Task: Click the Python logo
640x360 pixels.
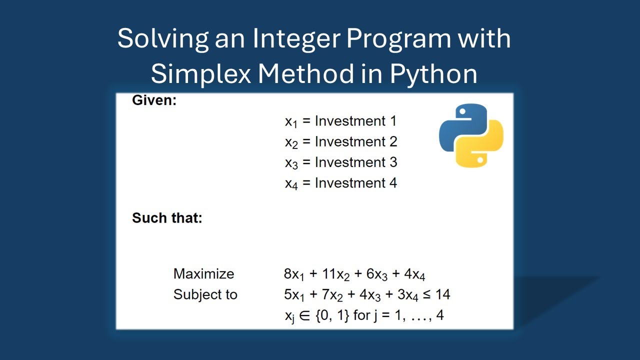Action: click(471, 135)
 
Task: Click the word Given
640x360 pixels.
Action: click(154, 100)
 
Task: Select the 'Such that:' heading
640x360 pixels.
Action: click(167, 218)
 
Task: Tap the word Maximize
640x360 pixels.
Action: click(203, 274)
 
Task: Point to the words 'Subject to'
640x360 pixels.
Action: click(205, 294)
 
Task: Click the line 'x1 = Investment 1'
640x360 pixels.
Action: click(340, 121)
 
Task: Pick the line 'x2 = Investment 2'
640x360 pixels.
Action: click(340, 142)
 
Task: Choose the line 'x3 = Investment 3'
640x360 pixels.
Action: click(340, 162)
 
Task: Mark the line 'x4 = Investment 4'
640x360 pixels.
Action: click(340, 183)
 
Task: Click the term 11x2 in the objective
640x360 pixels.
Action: click(335, 274)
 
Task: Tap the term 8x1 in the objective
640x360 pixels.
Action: click(293, 274)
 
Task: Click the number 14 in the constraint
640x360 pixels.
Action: click(442, 294)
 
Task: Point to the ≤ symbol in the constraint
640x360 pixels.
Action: click(426, 294)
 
